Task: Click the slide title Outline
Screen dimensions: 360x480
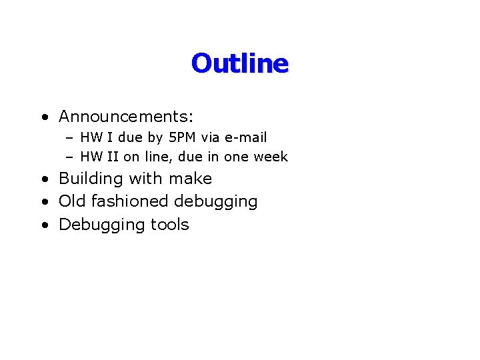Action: click(239, 63)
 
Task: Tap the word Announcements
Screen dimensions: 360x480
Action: click(124, 117)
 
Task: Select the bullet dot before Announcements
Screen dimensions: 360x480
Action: click(44, 117)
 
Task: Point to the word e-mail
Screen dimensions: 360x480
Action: click(246, 137)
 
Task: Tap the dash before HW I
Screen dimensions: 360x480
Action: click(69, 138)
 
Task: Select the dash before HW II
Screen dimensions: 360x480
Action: click(69, 157)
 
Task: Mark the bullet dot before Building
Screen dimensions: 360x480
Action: click(44, 179)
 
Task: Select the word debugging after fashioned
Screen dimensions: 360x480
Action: click(215, 201)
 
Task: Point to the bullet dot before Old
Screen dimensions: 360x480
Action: click(44, 202)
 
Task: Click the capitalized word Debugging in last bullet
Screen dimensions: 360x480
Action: click(103, 225)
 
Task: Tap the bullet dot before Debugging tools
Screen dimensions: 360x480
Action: click(44, 225)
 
